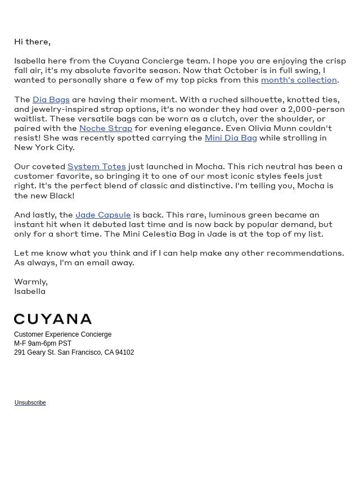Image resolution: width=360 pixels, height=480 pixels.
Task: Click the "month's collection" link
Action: click(x=299, y=80)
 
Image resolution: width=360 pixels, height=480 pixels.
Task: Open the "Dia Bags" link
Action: click(x=51, y=99)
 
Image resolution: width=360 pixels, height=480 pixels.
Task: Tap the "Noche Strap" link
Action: click(x=106, y=128)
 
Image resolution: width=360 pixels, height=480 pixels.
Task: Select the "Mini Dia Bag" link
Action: click(x=231, y=138)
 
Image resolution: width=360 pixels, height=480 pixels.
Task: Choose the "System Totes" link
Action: click(x=96, y=166)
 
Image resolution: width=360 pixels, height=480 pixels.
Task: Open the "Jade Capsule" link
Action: click(x=103, y=215)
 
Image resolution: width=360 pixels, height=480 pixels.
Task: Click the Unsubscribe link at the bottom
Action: click(x=30, y=402)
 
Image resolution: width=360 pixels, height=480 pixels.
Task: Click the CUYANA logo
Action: click(x=53, y=319)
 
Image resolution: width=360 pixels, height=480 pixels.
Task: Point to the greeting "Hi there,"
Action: click(x=32, y=42)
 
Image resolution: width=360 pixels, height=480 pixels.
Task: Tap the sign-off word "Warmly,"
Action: click(x=31, y=282)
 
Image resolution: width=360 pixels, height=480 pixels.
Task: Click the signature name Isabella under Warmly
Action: click(x=30, y=291)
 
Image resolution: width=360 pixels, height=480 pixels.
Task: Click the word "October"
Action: click(x=241, y=70)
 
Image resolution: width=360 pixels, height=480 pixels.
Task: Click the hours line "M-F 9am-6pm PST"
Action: click(x=43, y=343)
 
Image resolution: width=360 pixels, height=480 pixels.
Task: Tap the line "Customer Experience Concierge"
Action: click(x=62, y=334)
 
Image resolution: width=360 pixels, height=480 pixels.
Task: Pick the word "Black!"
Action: click(x=61, y=196)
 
